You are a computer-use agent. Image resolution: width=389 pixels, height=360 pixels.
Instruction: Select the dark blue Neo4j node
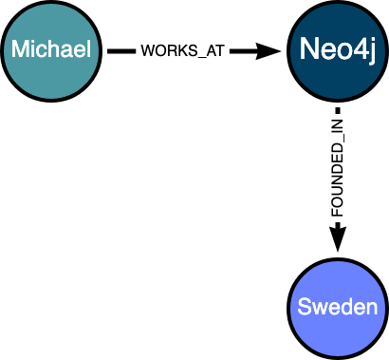[338, 49]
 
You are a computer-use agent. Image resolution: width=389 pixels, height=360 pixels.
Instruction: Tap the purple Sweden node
[338, 308]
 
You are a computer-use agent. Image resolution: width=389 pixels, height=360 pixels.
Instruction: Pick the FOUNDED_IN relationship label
[338, 167]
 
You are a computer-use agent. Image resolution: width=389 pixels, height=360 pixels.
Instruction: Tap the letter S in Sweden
[304, 308]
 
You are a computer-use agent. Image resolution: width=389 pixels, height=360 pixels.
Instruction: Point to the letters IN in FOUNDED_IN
[338, 125]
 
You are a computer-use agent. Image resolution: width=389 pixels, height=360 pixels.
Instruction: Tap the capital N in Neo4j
[308, 49]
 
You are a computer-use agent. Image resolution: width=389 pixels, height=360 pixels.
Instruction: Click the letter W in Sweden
[319, 309]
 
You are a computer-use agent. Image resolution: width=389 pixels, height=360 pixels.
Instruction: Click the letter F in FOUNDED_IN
[338, 214]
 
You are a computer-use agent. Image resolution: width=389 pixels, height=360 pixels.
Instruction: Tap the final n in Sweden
[372, 309]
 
